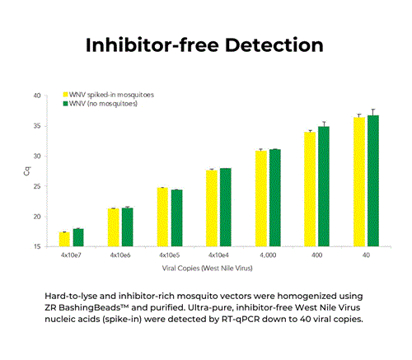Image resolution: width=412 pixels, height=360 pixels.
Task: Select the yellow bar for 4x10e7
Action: click(x=64, y=240)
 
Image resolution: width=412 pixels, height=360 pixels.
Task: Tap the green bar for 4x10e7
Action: click(x=78, y=238)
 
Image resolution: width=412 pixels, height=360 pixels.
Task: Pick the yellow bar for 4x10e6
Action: click(x=113, y=228)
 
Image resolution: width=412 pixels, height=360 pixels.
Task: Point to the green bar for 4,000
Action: click(x=274, y=199)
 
